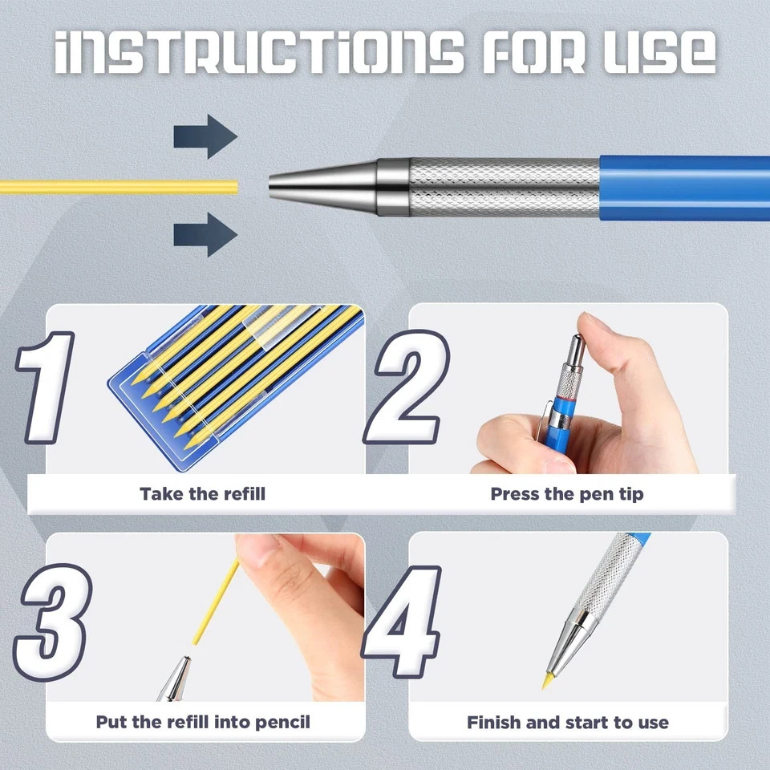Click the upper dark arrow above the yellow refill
[205, 136]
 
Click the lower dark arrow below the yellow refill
[205, 235]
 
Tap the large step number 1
[45, 388]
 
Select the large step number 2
[407, 387]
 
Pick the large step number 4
[402, 622]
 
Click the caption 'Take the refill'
[202, 493]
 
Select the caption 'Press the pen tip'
[567, 494]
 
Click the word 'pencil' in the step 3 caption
[282, 723]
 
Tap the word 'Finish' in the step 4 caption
[493, 723]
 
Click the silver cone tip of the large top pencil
[323, 188]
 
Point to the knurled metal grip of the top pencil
[505, 187]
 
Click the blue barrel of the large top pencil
[684, 188]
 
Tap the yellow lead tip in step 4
[546, 681]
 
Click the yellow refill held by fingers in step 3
[215, 602]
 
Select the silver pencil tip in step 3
[175, 679]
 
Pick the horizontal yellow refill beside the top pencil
[119, 187]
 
